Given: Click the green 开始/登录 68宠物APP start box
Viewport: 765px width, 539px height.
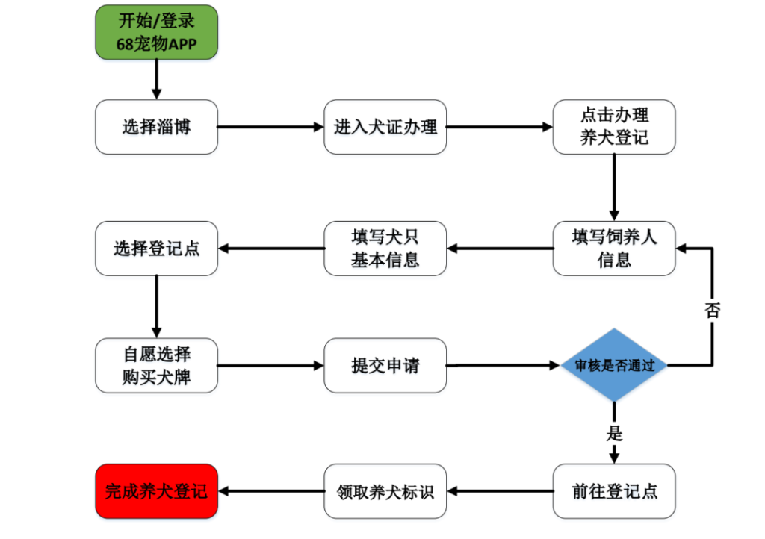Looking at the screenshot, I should pyautogui.click(x=156, y=32).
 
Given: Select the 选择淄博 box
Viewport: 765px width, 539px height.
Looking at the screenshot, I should pyautogui.click(x=156, y=127).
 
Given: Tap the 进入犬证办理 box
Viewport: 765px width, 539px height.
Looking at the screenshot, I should pyautogui.click(x=385, y=127).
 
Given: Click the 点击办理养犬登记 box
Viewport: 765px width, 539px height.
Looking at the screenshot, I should pyautogui.click(x=613, y=127).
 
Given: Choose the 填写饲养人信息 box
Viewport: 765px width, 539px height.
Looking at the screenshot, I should pyautogui.click(x=613, y=248).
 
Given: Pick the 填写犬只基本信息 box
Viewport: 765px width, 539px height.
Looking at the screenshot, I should pyautogui.click(x=385, y=248).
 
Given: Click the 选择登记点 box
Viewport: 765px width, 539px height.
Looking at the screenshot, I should pyautogui.click(x=156, y=248).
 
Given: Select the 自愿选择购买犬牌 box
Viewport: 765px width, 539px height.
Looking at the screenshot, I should pyautogui.click(x=156, y=366).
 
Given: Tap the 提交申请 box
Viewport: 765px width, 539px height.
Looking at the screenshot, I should pyautogui.click(x=385, y=366).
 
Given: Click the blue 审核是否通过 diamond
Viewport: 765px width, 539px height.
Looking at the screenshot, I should pyautogui.click(x=613, y=366).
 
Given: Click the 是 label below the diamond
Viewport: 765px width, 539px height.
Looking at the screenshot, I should pyautogui.click(x=614, y=433).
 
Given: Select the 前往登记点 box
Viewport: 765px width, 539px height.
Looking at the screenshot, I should pyautogui.click(x=613, y=491).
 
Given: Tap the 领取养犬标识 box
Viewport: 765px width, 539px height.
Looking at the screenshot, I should pyautogui.click(x=385, y=491).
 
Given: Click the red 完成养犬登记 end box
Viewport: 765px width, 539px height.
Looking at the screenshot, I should pyautogui.click(x=156, y=491).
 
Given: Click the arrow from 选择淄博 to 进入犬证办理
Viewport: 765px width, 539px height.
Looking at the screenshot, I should pyautogui.click(x=270, y=127).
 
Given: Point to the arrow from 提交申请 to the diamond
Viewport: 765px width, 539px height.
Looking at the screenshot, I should pyautogui.click(x=504, y=366).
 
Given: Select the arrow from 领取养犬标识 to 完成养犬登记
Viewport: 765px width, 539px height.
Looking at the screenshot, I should pyautogui.click(x=270, y=491).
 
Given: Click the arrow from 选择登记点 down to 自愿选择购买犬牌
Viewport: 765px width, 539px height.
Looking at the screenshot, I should pyautogui.click(x=156, y=306).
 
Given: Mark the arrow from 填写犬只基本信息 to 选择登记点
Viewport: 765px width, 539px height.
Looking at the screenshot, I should pyautogui.click(x=270, y=248).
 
